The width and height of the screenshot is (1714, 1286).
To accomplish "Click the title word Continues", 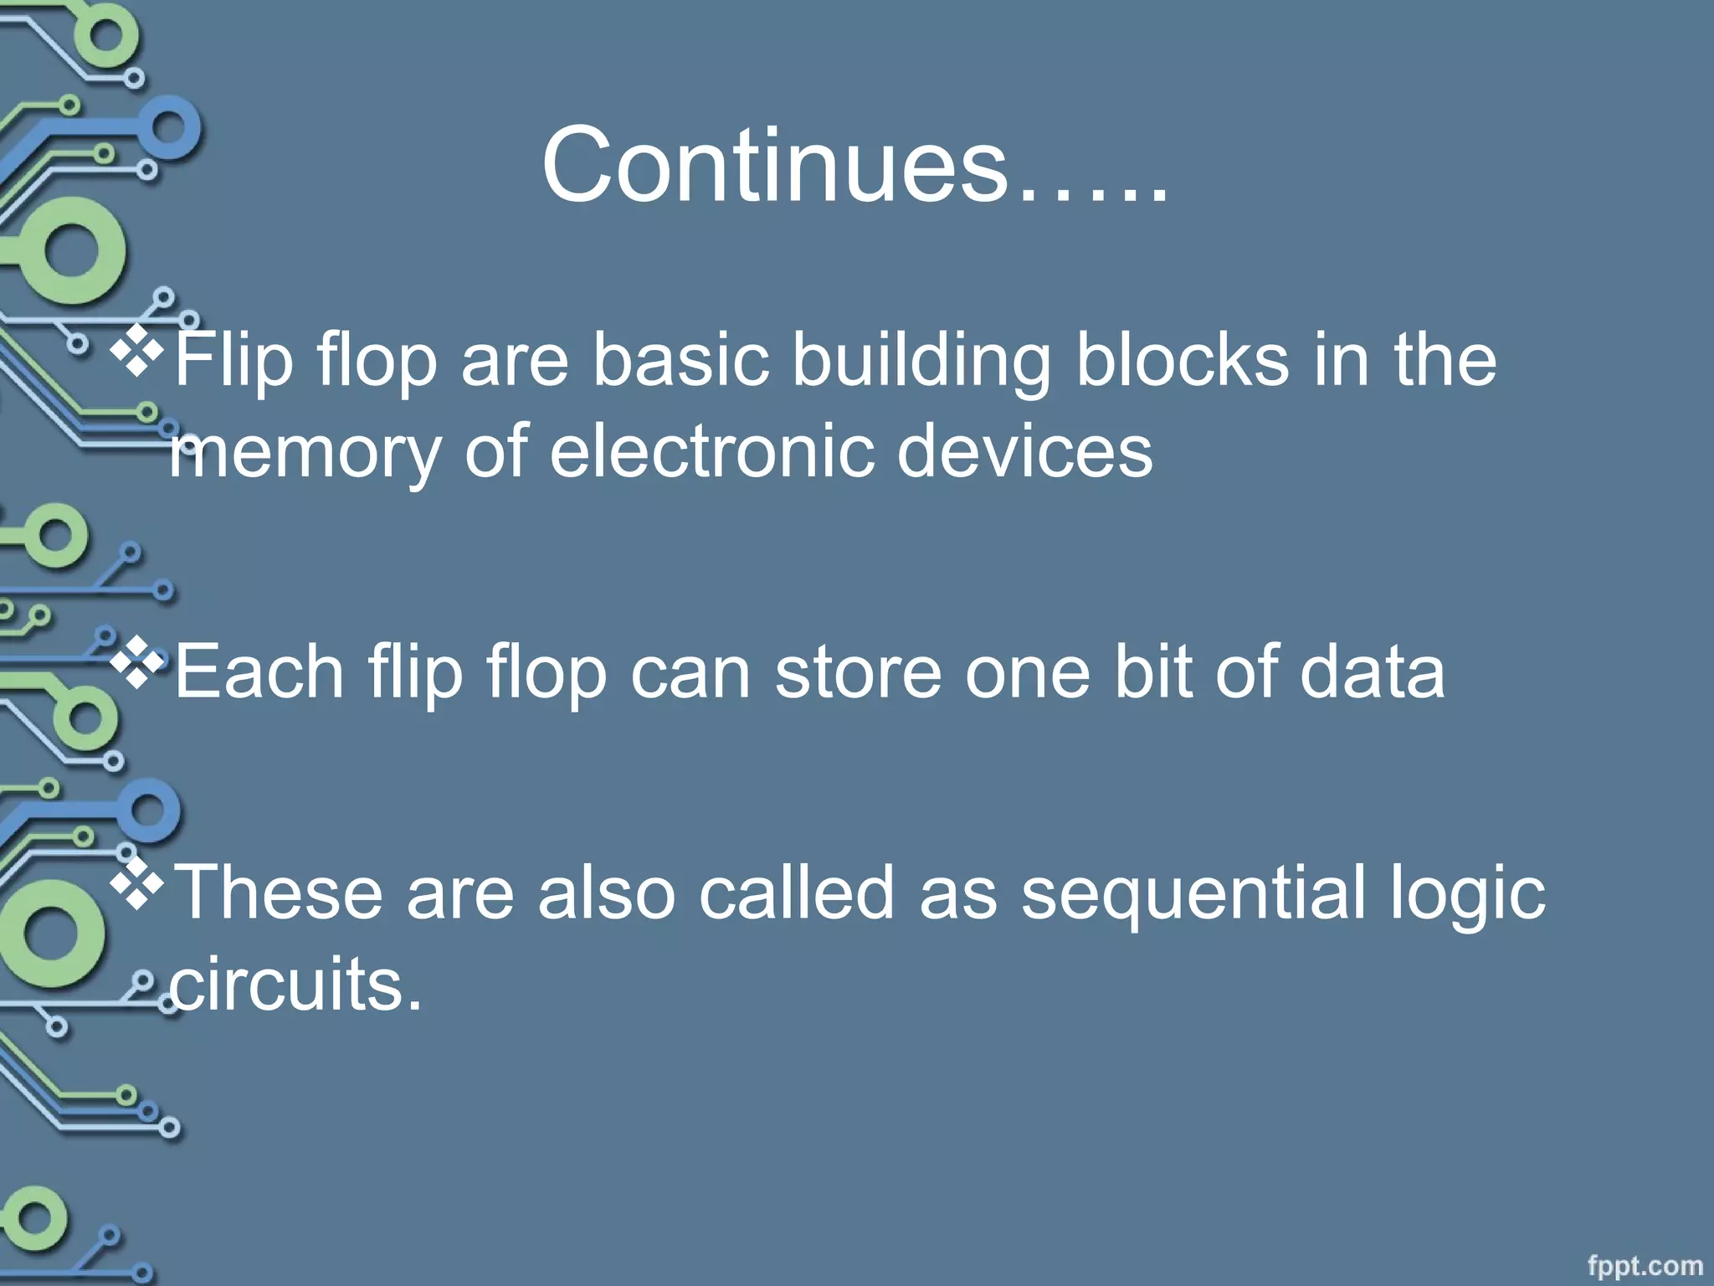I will point(854,165).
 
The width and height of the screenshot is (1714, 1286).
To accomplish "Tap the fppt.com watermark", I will point(1645,1266).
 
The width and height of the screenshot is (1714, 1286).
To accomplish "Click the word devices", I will point(1024,452).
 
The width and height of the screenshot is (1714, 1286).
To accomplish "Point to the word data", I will point(1372,673).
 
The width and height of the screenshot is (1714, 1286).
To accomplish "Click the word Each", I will point(259,673).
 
